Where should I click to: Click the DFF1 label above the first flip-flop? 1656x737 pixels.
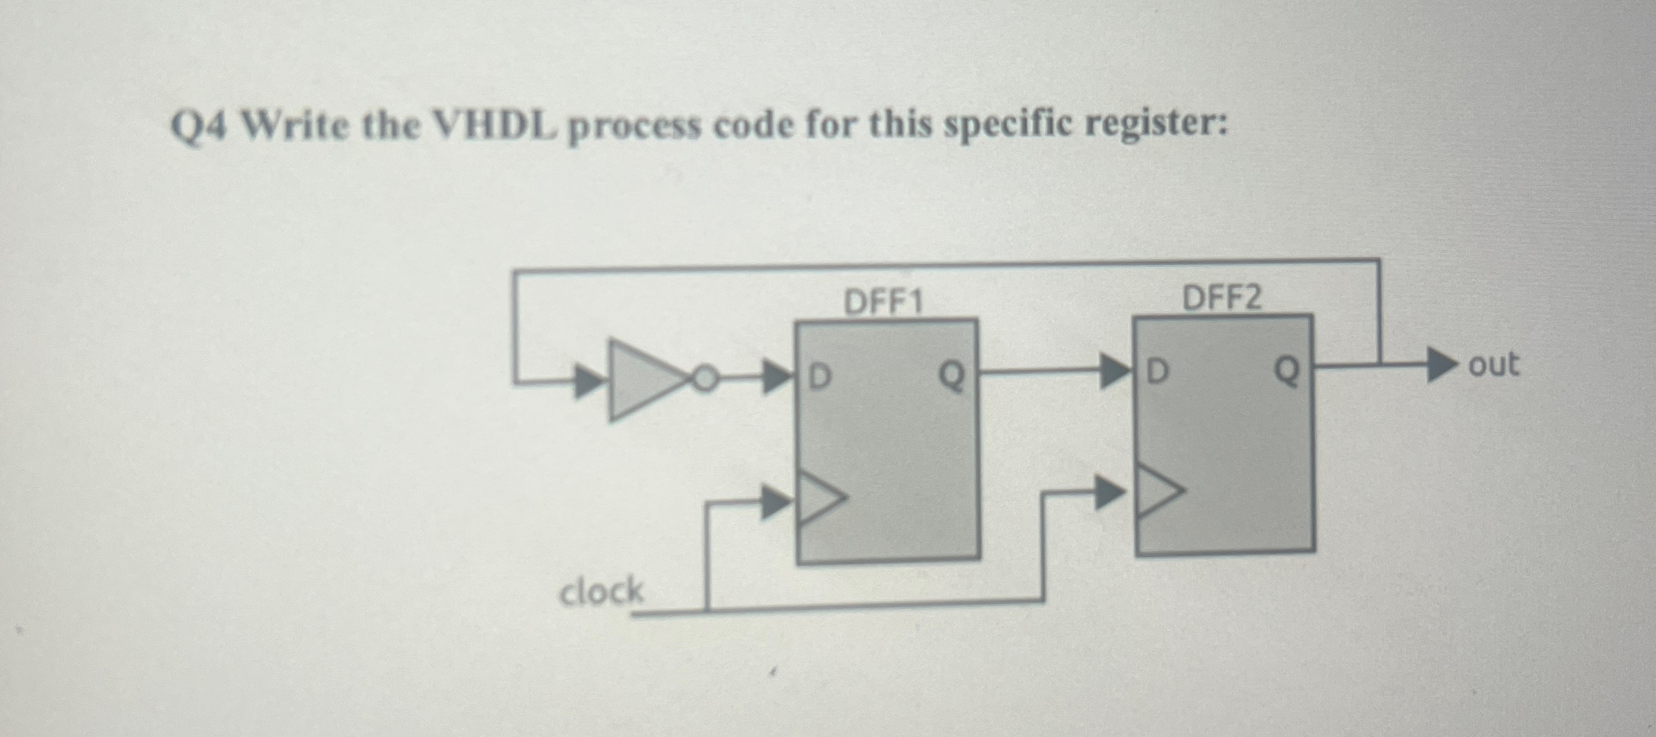point(883,302)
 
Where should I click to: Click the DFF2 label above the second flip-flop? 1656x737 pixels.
point(1222,298)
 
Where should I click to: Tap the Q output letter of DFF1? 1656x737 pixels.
point(951,376)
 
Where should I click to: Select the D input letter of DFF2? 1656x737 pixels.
point(1158,371)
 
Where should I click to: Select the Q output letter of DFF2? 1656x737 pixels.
point(1286,370)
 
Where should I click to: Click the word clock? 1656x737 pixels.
point(601,592)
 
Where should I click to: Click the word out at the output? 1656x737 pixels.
point(1493,364)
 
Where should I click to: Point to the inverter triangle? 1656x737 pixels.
point(641,380)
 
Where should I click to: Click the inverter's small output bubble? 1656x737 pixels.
point(704,379)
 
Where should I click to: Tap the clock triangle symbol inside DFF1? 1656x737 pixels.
point(820,497)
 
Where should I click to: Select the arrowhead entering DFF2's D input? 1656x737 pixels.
point(1115,372)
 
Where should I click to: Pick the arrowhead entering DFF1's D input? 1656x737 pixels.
point(777,377)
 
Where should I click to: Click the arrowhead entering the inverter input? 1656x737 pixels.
point(589,381)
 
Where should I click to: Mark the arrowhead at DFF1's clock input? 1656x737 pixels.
point(776,502)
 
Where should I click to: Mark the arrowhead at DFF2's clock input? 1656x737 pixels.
point(1110,493)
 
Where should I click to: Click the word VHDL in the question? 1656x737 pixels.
point(494,126)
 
